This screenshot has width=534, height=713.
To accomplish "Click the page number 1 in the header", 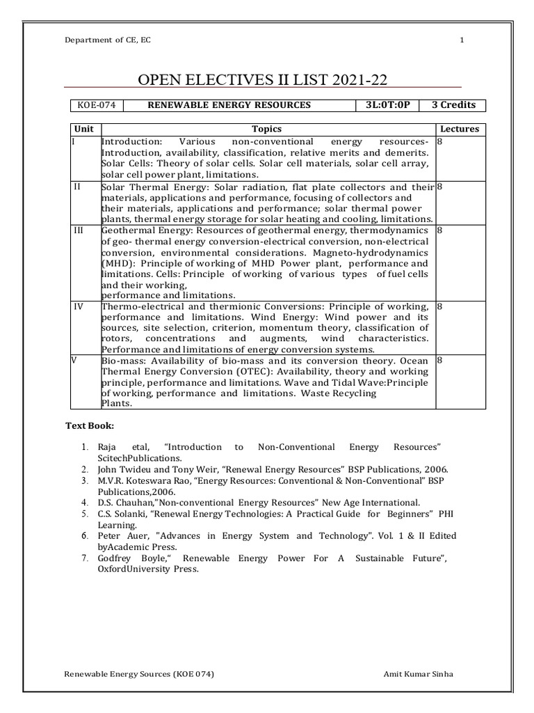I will (462, 39).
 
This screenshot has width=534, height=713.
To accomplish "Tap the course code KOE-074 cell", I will (97, 105).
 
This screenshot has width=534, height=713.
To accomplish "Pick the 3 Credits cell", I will (453, 105).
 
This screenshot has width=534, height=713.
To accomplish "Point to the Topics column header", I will (266, 129).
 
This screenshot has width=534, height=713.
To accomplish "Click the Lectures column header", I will (460, 129).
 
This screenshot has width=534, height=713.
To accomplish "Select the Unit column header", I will (84, 129).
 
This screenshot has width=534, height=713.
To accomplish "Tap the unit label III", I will (78, 229).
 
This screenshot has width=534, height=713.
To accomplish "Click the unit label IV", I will (78, 306).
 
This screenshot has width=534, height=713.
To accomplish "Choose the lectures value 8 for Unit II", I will (440, 187).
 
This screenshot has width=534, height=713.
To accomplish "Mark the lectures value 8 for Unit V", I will (440, 361).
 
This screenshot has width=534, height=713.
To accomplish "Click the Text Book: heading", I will (90, 425).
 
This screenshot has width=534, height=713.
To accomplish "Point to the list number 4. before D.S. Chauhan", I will (84, 502).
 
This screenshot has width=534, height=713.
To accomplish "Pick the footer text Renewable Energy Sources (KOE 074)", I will (139, 675).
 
